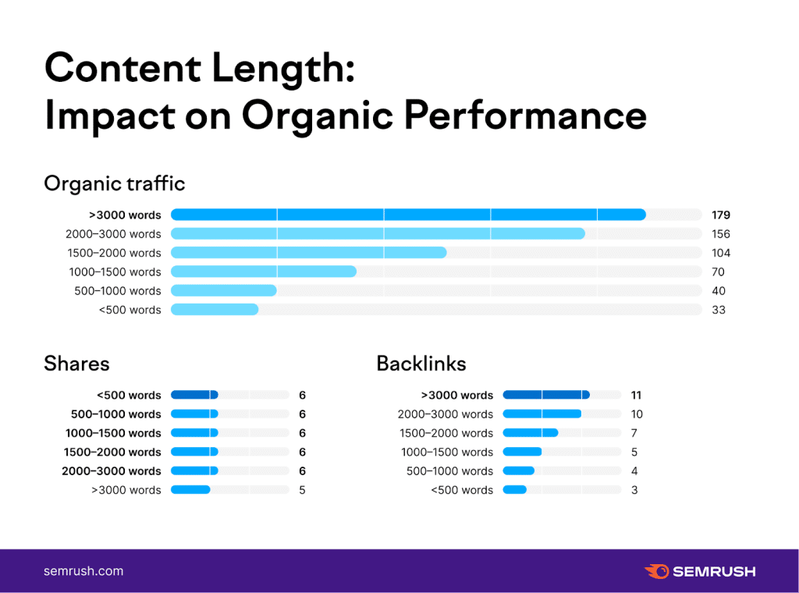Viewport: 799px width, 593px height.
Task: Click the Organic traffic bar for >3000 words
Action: pos(408,215)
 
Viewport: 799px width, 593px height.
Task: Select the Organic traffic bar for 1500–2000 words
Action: pos(308,253)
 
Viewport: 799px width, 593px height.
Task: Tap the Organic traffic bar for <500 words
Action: pos(215,310)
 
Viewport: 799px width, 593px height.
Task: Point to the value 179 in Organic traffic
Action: pos(720,215)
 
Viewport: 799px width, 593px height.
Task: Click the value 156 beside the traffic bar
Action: pos(720,234)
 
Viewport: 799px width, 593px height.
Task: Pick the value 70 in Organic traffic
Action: pos(718,272)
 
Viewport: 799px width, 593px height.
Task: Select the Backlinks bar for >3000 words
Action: pos(545,395)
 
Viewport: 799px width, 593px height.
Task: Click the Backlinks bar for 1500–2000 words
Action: pos(531,433)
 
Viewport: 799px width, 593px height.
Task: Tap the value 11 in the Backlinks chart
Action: pos(636,395)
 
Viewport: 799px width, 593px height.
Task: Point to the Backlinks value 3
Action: pos(634,490)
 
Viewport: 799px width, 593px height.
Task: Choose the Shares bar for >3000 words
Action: pos(190,490)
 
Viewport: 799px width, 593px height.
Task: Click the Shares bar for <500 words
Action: pos(194,395)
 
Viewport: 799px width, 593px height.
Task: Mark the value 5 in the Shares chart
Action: pos(302,490)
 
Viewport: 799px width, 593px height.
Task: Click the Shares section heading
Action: pos(76,363)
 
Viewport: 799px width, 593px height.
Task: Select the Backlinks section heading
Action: pos(421,363)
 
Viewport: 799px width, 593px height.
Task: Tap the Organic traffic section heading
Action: pos(115,183)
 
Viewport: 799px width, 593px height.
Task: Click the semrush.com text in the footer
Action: pos(83,571)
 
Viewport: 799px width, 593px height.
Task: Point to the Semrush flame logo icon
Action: pos(657,571)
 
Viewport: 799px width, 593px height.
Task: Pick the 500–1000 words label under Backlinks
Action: pos(449,471)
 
